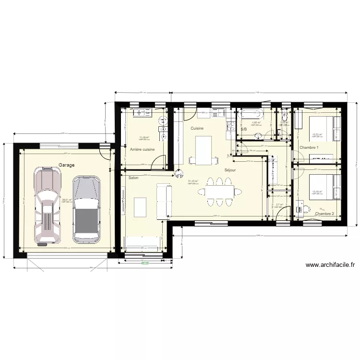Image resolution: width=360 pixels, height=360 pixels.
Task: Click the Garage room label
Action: coord(66,165)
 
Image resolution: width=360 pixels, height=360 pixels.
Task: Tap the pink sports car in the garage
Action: coord(48,206)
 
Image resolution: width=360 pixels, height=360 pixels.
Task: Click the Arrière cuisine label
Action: coord(142,150)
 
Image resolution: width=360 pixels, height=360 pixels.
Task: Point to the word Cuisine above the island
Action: coord(197,128)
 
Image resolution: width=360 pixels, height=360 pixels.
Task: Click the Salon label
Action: coord(133,178)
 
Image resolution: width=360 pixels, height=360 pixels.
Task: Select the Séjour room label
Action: coord(230,170)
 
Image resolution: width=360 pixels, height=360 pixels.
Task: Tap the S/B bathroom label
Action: coord(243,129)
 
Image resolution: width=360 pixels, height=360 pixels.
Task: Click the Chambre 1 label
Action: coord(309,147)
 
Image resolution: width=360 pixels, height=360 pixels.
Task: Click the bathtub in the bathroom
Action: coord(251,115)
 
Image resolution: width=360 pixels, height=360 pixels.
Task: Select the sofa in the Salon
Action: coord(165,201)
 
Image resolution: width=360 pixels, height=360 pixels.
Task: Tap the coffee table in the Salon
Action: coord(140,206)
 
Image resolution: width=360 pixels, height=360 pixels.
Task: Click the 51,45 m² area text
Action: coord(193,181)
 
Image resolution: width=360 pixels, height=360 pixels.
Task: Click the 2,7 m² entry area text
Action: coord(280,205)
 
